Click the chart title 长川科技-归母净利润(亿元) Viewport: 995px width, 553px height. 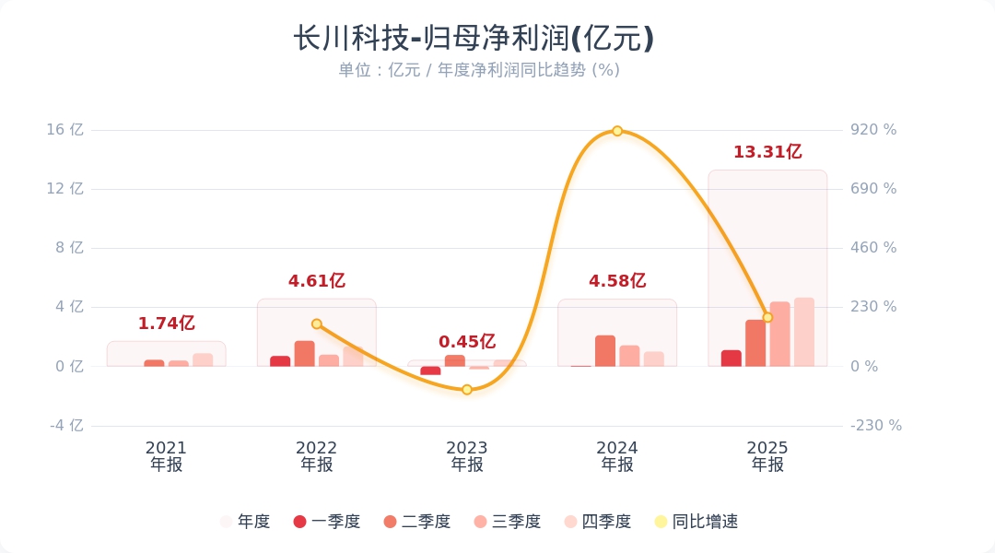[x=474, y=39]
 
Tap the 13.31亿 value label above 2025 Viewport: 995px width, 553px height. [x=767, y=152]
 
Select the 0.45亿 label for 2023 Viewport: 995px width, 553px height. [x=467, y=342]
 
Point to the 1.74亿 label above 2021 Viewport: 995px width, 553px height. [x=167, y=324]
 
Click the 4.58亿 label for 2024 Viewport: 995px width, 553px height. [x=617, y=281]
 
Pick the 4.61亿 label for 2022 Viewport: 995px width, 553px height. [x=317, y=281]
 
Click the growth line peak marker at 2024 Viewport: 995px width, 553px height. [x=617, y=131]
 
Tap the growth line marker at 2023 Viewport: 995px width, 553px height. [x=467, y=390]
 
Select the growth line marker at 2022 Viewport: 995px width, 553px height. [x=317, y=324]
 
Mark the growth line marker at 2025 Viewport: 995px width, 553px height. [x=767, y=318]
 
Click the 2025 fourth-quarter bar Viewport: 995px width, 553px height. [x=804, y=332]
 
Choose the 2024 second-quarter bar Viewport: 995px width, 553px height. [x=605, y=351]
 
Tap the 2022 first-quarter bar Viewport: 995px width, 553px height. [x=280, y=361]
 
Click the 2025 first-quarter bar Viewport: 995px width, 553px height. [x=732, y=359]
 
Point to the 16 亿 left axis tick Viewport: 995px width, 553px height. [x=65, y=130]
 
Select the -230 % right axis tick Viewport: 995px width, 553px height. [x=875, y=426]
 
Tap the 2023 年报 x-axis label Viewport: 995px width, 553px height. [x=467, y=456]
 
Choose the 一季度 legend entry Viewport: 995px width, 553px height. [x=326, y=522]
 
